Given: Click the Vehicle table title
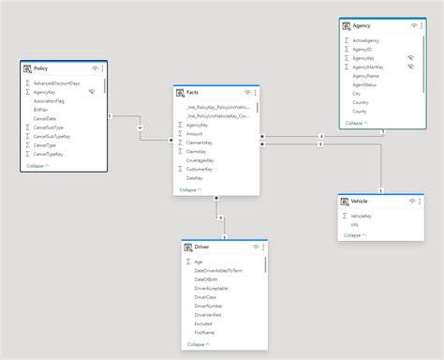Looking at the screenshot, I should tap(360, 202).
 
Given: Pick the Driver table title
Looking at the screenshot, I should tap(201, 247).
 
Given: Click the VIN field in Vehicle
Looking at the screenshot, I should tap(356, 224).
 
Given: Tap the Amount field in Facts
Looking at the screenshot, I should tap(194, 133).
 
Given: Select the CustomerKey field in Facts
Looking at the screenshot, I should tap(200, 169).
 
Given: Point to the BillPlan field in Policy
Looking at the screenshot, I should tap(41, 110).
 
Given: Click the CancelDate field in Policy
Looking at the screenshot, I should tap(44, 118).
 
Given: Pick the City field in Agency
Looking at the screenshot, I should tap(357, 94).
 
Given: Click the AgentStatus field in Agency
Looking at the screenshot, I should tap(364, 84).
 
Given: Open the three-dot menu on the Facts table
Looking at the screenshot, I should tap(256, 93).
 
